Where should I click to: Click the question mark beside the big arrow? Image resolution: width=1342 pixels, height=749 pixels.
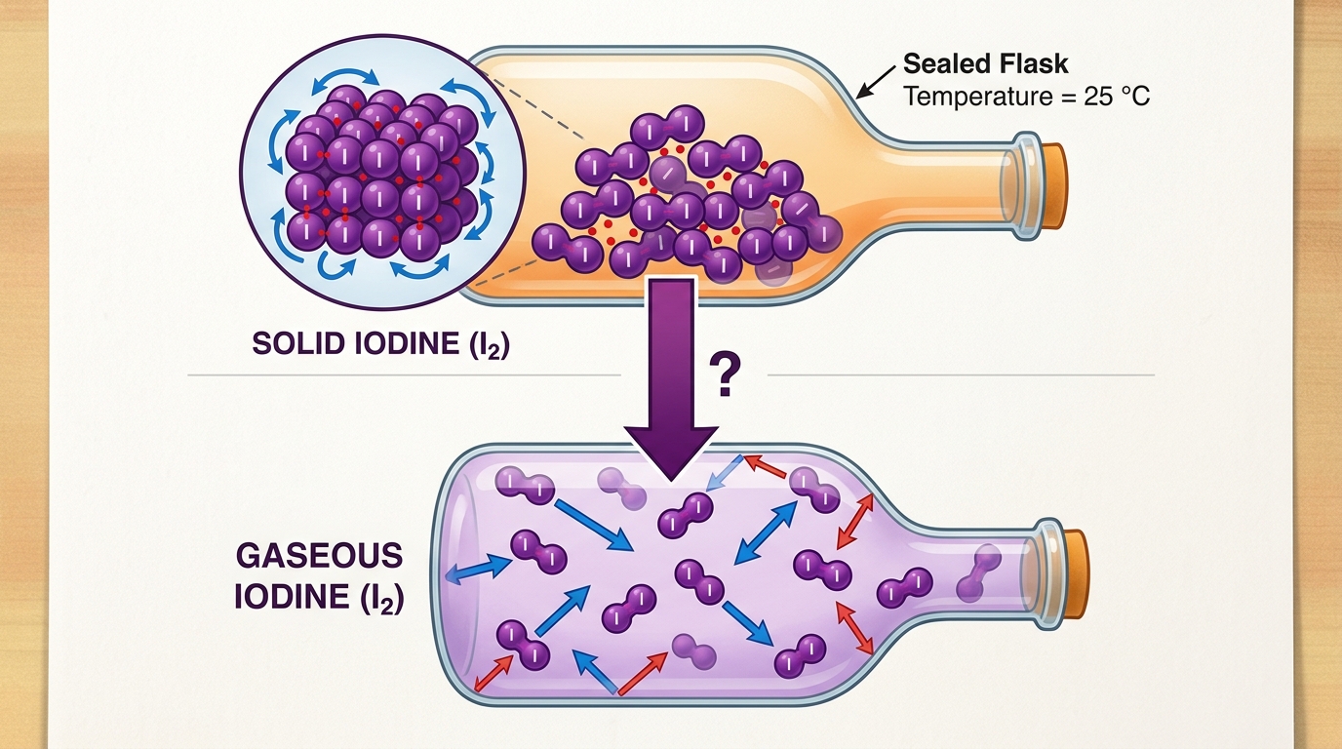coord(725,374)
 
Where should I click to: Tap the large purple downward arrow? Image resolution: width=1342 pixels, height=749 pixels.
coord(671,383)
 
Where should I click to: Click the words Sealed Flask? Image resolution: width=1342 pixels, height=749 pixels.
coord(985,63)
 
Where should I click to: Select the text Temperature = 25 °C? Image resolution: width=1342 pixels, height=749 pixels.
coord(1026,97)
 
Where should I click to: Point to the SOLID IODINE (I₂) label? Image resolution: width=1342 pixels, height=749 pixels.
coord(380,344)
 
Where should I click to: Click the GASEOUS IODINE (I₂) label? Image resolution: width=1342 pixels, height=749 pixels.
coord(319,575)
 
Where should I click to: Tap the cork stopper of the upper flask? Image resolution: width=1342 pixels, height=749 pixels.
coord(1054,185)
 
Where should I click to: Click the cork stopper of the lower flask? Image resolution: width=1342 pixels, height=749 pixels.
coord(1075,574)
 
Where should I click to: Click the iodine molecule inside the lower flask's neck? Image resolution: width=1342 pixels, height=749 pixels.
coord(978,573)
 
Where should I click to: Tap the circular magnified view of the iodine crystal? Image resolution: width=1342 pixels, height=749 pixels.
coord(383,172)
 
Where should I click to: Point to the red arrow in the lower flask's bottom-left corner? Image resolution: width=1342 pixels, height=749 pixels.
coord(493,672)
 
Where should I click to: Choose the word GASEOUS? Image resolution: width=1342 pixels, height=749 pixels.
coord(319,556)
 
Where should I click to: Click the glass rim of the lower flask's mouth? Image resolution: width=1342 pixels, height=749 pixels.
coord(1049,574)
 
